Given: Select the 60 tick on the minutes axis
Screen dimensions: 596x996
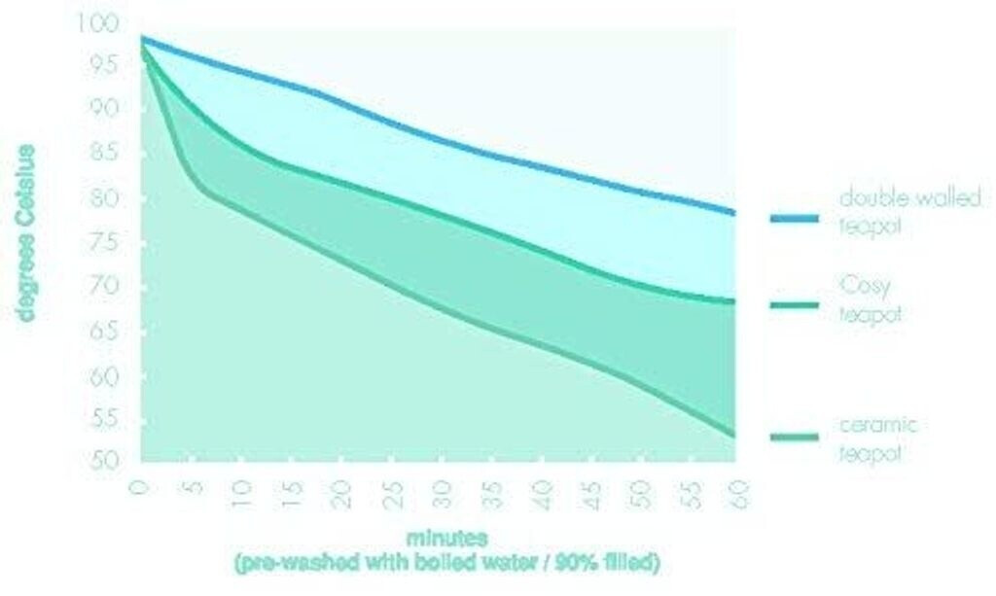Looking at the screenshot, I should click(738, 490).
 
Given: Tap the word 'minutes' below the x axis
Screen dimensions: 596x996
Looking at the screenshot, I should click(447, 537).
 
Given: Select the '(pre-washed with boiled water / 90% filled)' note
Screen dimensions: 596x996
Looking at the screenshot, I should click(446, 562).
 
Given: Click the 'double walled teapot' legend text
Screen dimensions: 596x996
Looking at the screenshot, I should click(909, 210).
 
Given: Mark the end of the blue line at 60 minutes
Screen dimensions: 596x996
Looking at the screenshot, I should click(734, 212).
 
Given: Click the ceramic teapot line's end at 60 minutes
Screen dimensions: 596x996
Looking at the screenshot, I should click(734, 435).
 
